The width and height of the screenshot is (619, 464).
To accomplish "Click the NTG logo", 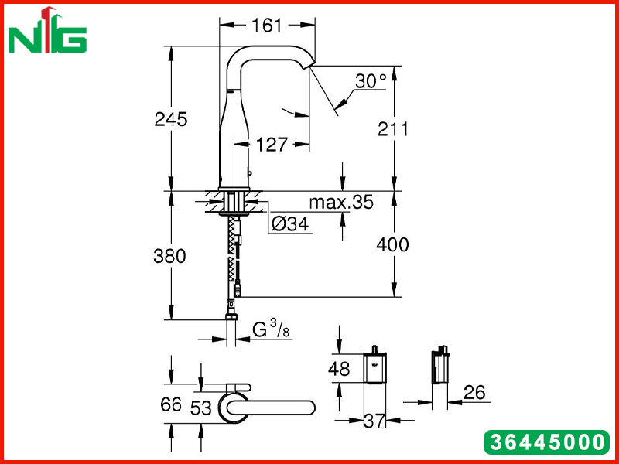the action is (x=47, y=30).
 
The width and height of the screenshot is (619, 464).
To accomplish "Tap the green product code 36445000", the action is (x=547, y=442).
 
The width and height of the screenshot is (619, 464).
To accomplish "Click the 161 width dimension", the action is (x=267, y=26).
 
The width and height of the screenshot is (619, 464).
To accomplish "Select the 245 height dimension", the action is (x=171, y=119).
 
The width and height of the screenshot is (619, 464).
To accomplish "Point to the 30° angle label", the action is (x=371, y=81).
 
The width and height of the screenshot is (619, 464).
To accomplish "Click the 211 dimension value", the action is (x=393, y=129).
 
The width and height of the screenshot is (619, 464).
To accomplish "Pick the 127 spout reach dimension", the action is (x=272, y=145).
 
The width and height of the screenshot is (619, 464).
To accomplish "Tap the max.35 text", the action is (x=341, y=202).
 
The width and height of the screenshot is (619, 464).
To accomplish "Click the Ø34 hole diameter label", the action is (x=290, y=224).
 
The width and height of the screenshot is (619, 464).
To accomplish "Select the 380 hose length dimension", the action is (x=169, y=256).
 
